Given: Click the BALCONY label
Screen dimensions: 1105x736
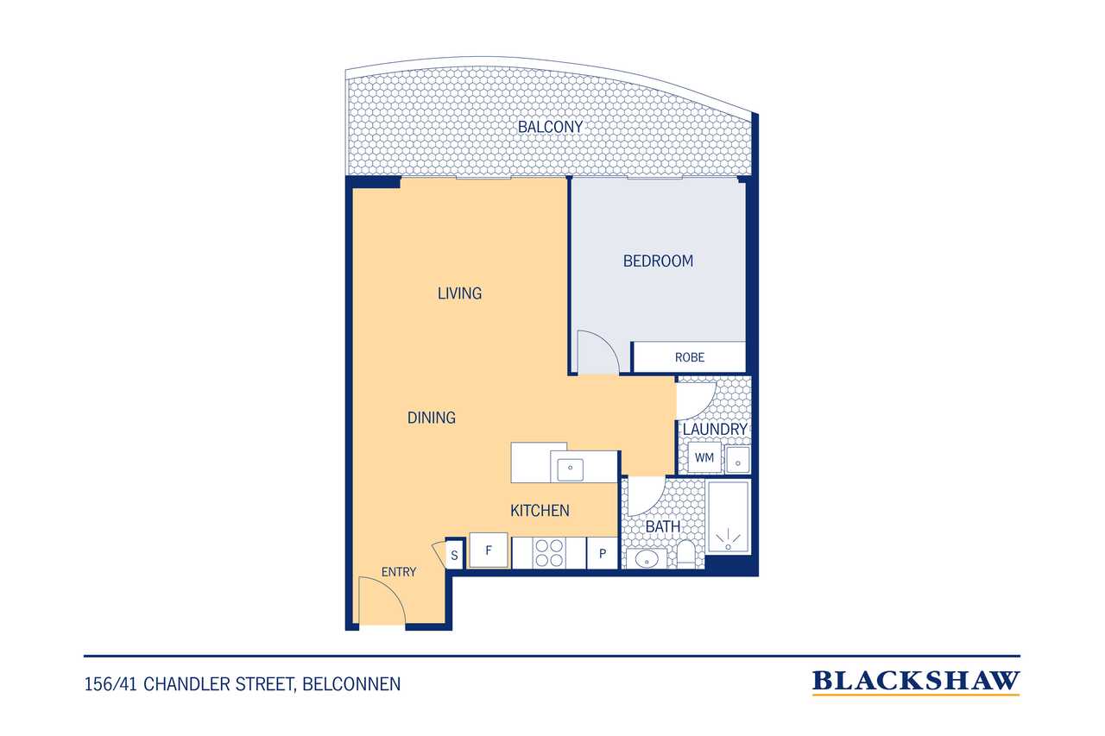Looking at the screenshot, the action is tap(550, 127).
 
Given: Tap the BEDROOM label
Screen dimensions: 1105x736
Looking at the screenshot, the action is tap(658, 261).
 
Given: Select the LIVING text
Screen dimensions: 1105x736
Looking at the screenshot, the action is tap(459, 293).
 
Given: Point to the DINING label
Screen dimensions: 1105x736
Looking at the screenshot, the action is tap(431, 418).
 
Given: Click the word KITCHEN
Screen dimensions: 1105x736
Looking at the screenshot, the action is tap(540, 510).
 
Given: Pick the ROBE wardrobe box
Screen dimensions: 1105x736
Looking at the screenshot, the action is tap(689, 357).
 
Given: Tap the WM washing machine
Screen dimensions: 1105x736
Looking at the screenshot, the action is tap(704, 458).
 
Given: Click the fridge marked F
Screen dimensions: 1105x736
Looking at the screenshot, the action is tap(489, 550).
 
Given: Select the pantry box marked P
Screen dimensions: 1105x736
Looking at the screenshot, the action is tap(603, 553).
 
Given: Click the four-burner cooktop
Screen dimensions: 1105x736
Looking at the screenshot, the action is tap(549, 553).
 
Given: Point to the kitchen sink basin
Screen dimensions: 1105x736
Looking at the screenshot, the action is tap(571, 469).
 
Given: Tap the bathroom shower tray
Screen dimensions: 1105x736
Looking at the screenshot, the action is tap(728, 517).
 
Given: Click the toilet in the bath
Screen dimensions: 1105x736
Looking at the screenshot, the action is tap(685, 554).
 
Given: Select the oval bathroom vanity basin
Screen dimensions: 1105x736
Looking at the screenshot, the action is tap(647, 559).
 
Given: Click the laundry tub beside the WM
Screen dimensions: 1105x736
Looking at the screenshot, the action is tap(738, 459).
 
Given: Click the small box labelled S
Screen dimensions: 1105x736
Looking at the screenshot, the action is tap(454, 555).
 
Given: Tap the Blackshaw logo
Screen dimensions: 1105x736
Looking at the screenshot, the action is tap(916, 683).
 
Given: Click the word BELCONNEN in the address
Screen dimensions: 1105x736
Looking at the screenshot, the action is tap(351, 684).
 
